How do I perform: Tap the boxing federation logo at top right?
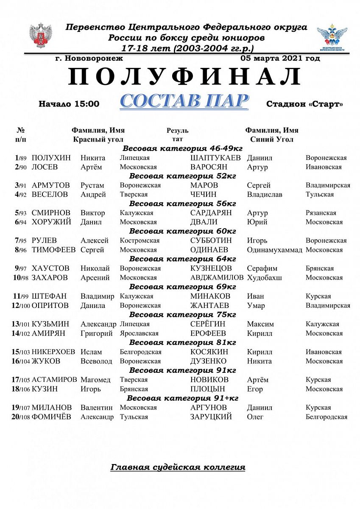pos(332,38)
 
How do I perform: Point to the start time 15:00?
pos(88,104)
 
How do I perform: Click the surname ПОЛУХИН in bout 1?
pos(51,158)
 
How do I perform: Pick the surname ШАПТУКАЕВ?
pos(216,158)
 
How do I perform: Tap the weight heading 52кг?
pos(183,176)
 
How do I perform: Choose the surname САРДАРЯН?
pos(211,213)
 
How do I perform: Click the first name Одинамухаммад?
pos(274,250)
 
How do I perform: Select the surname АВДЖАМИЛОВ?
pos(217,277)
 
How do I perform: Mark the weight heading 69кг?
pos(183,287)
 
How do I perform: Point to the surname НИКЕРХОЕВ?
pos(53,352)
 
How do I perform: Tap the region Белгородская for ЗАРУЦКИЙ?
pos(327,417)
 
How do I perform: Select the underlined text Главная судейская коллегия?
pos(178,467)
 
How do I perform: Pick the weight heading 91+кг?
pos(183,398)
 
